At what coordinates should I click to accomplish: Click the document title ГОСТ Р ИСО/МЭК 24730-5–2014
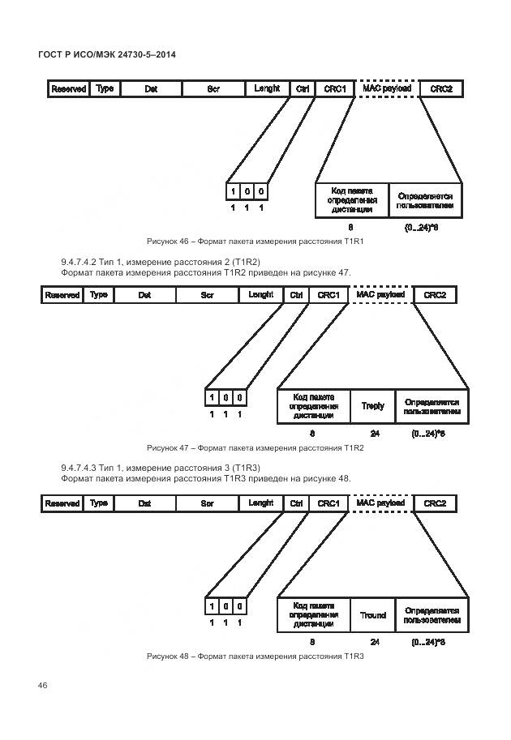(107, 54)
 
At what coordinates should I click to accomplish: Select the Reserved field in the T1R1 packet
(68, 88)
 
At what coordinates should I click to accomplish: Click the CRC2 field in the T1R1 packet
(441, 88)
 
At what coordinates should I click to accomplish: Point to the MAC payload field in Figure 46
(386, 88)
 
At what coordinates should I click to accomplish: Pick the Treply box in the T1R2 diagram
(372, 405)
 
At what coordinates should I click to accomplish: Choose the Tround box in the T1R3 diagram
(372, 615)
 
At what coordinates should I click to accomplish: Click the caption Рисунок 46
(167, 242)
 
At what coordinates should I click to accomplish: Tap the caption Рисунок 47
(167, 447)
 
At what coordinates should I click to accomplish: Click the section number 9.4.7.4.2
(79, 263)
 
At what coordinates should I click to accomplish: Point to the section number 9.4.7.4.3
(79, 469)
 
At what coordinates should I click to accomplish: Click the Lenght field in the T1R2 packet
(260, 295)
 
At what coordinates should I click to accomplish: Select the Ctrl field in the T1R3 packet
(296, 503)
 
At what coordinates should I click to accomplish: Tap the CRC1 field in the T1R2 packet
(328, 295)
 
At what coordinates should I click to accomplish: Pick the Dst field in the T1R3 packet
(144, 503)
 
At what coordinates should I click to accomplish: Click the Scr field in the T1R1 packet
(214, 88)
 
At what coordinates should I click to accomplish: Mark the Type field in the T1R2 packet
(99, 295)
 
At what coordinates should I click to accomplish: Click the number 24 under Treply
(374, 434)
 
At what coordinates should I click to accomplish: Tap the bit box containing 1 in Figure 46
(234, 191)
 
